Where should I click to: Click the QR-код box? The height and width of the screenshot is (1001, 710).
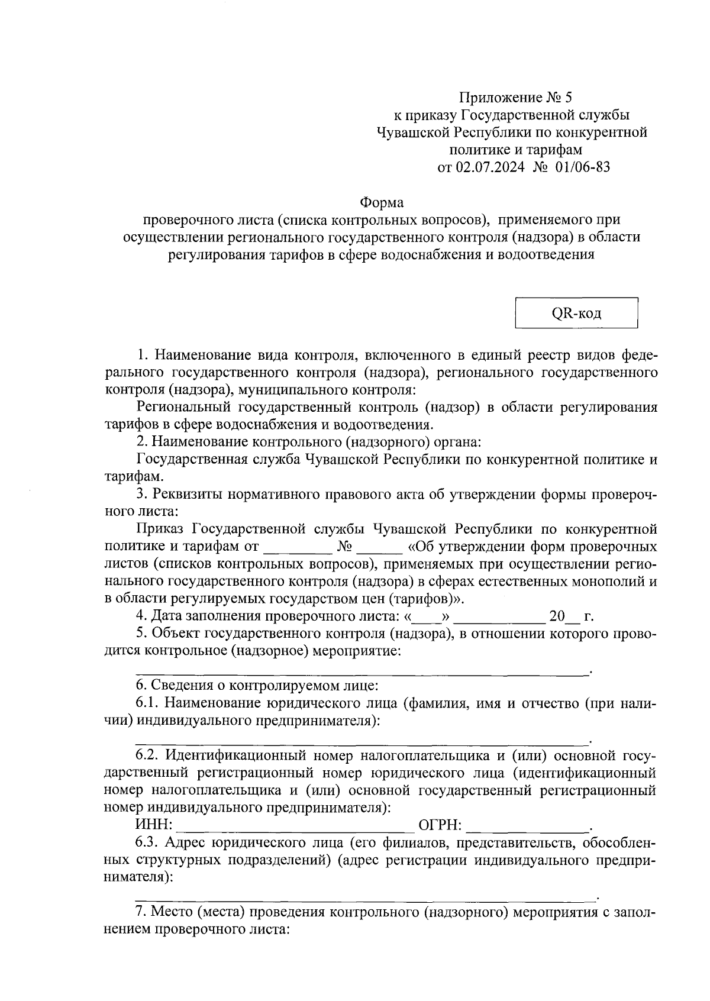576,313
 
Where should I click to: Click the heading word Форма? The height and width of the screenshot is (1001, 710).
382,203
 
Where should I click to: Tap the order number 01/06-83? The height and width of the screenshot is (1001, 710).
582,167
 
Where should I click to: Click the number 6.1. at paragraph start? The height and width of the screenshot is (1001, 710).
147,703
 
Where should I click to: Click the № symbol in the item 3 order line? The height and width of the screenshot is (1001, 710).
344,545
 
